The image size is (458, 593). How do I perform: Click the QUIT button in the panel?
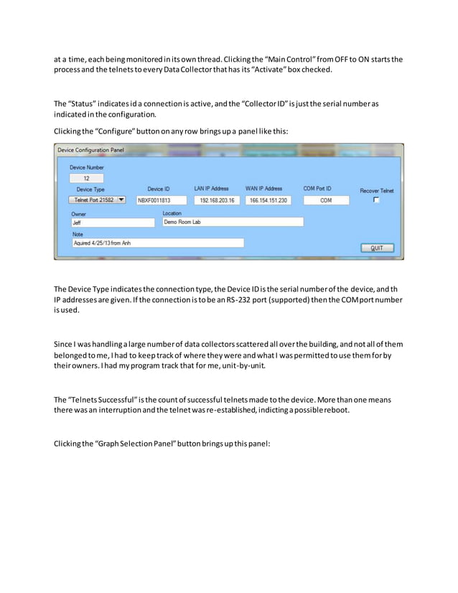(x=377, y=248)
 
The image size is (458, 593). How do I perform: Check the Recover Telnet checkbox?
(x=375, y=200)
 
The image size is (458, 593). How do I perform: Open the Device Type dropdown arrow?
(x=121, y=200)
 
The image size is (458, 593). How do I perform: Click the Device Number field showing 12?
(x=86, y=178)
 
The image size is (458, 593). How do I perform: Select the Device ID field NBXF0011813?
(x=161, y=201)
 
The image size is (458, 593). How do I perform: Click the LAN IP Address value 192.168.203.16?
(x=216, y=201)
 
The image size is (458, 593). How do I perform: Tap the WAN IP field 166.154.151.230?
(x=268, y=201)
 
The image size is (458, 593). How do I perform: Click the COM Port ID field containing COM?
(x=325, y=201)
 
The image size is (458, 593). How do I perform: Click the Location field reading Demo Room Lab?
(x=231, y=223)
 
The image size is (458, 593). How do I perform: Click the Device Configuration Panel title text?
(x=90, y=150)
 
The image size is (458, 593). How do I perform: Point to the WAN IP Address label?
(x=263, y=189)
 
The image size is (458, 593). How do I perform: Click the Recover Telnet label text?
(x=376, y=190)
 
